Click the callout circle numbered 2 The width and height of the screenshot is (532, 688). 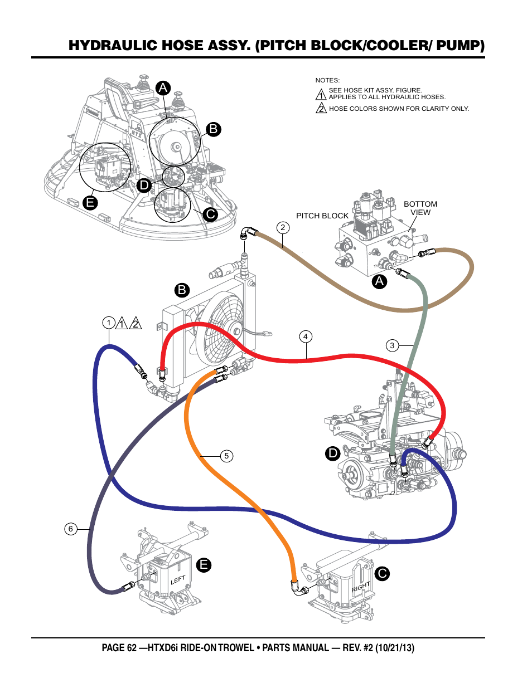click(283, 227)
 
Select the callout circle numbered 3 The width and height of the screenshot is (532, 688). click(392, 345)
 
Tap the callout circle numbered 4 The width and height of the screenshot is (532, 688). click(305, 336)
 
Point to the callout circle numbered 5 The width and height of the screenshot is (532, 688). click(226, 456)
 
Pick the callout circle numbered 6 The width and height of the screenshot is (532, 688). click(70, 529)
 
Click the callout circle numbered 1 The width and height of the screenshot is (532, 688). click(109, 323)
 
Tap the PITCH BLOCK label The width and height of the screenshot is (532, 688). click(322, 216)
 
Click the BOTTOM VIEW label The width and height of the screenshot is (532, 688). click(420, 208)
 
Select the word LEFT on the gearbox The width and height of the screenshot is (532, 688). click(178, 580)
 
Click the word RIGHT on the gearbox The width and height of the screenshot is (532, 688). click(361, 587)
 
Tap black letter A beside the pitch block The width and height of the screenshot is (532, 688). click(380, 281)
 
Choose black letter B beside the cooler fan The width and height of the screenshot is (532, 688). click(182, 290)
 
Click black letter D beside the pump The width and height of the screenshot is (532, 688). click(333, 453)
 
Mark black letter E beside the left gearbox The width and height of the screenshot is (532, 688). click(204, 565)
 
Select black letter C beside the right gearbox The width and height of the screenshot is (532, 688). click(382, 574)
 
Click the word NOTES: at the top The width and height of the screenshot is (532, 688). click(327, 80)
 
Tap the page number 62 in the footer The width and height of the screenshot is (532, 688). click(132, 648)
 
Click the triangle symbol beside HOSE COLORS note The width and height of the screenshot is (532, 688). click(321, 108)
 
